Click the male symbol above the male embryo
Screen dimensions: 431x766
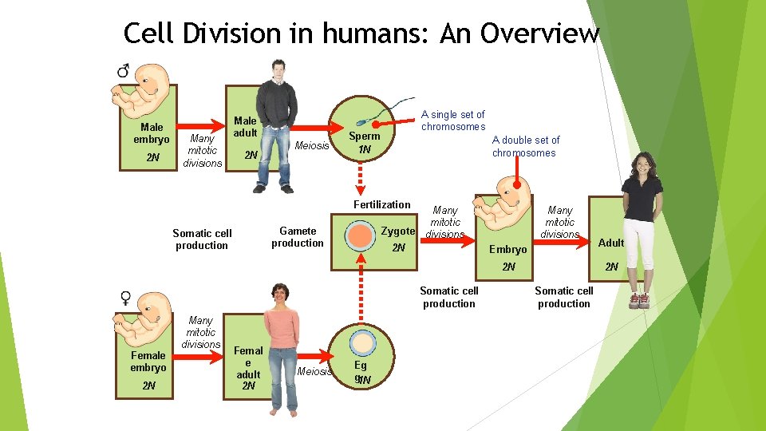click(x=124, y=71)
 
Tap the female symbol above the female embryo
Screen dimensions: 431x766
click(x=125, y=298)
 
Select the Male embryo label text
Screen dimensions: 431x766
click(x=151, y=133)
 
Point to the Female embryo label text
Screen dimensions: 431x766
click(x=148, y=362)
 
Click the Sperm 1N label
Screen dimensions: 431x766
click(x=365, y=142)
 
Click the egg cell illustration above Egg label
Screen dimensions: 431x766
click(x=364, y=343)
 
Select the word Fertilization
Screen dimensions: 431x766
click(x=383, y=205)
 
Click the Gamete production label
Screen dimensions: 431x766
click(x=297, y=237)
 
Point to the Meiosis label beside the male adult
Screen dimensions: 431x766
click(x=312, y=145)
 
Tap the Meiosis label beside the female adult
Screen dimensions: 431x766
click(x=314, y=371)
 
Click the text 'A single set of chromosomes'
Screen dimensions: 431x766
click(x=453, y=121)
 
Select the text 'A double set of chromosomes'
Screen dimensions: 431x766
click(x=525, y=146)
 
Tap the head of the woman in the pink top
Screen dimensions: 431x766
click(x=280, y=294)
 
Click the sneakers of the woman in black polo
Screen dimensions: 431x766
click(x=639, y=300)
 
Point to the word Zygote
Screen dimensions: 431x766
click(x=397, y=231)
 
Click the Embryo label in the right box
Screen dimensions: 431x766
click(x=507, y=250)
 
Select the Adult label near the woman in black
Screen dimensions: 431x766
click(x=611, y=243)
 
